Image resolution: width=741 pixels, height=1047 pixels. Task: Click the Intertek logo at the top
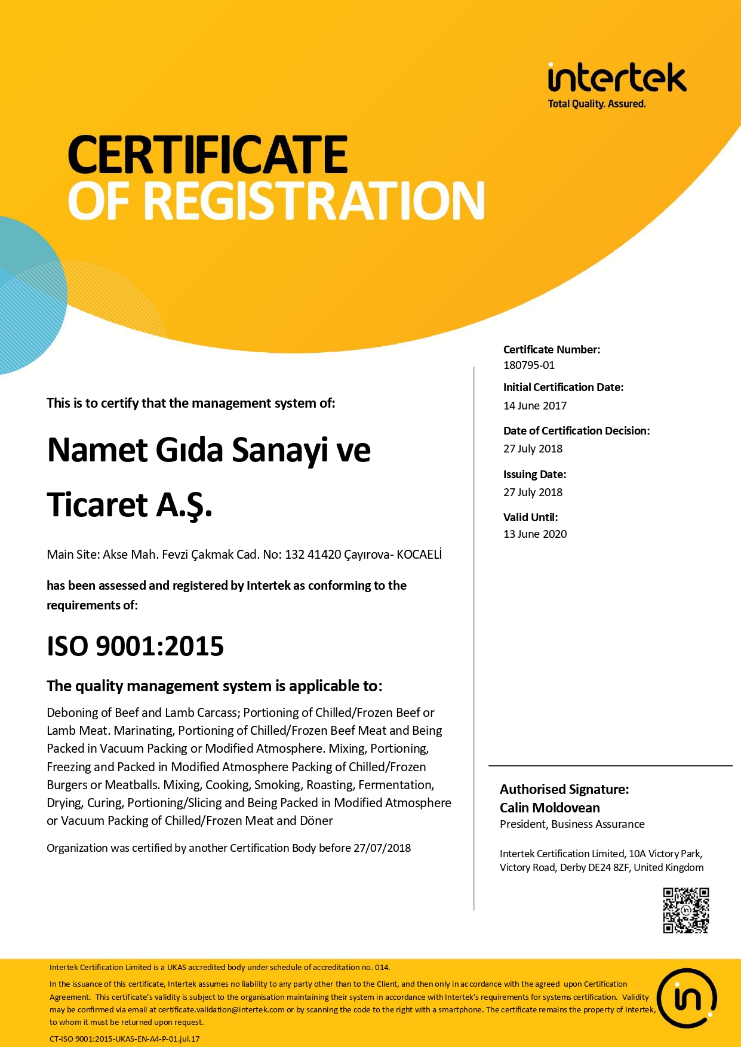[617, 78]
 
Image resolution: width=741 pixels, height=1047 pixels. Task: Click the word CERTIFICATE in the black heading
[208, 154]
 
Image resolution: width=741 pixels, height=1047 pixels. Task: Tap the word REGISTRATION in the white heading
[314, 201]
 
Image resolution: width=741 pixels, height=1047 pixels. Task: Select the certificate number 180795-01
[529, 365]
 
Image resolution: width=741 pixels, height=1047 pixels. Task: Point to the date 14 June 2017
[535, 406]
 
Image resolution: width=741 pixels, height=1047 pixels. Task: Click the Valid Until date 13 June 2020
[535, 534]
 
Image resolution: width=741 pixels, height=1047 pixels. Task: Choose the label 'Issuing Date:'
[534, 475]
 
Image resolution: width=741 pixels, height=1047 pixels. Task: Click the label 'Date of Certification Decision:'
[576, 431]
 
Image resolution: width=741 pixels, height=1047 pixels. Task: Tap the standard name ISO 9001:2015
[136, 646]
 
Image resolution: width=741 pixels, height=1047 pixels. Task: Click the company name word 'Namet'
[97, 450]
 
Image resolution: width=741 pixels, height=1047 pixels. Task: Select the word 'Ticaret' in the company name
[97, 505]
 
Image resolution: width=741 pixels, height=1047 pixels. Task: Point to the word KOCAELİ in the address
[419, 554]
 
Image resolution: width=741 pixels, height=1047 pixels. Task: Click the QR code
[685, 910]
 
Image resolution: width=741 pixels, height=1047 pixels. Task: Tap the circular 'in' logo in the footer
[687, 997]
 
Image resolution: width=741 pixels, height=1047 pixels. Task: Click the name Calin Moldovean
[549, 808]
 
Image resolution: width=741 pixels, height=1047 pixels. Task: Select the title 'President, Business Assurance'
[572, 824]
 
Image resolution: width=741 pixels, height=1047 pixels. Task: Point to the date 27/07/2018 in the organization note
[382, 848]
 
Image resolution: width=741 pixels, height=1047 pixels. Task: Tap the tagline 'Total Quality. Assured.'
[597, 104]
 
